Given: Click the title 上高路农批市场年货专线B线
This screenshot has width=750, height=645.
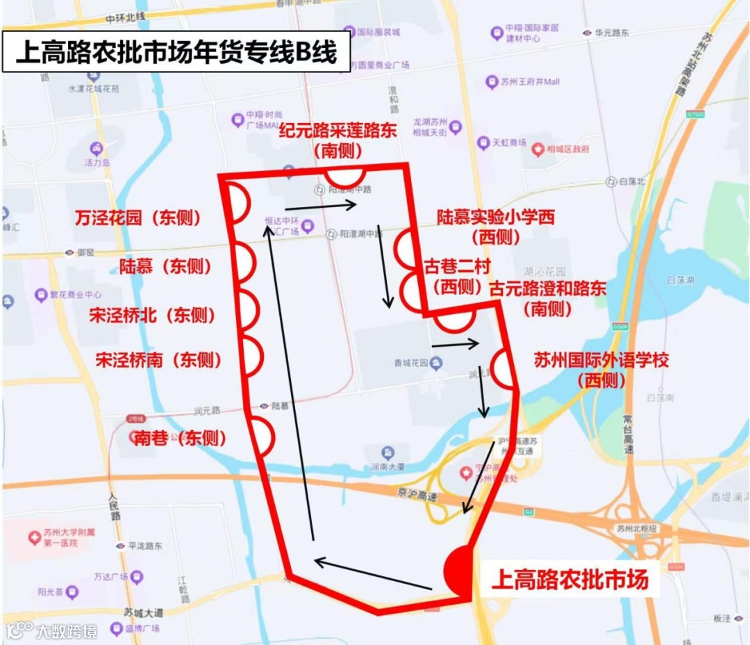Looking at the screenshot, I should [x=176, y=52].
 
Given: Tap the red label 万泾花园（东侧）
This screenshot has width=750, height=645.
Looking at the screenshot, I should [x=137, y=218].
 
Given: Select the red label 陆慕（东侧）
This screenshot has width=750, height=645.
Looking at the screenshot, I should [x=165, y=266].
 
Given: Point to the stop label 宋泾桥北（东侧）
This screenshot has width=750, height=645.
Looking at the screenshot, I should [x=153, y=315].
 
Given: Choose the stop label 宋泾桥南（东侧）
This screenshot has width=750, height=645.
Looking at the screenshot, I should [x=158, y=359].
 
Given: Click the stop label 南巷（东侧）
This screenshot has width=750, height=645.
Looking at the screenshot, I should [x=180, y=438].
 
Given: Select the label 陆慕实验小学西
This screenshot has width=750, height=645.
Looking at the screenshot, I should [x=496, y=218].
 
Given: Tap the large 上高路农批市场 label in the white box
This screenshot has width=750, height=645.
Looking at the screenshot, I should [x=569, y=579].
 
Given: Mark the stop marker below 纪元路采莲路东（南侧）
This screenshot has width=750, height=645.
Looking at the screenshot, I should [x=346, y=175].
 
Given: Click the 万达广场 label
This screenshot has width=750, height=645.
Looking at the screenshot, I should [x=110, y=576].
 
